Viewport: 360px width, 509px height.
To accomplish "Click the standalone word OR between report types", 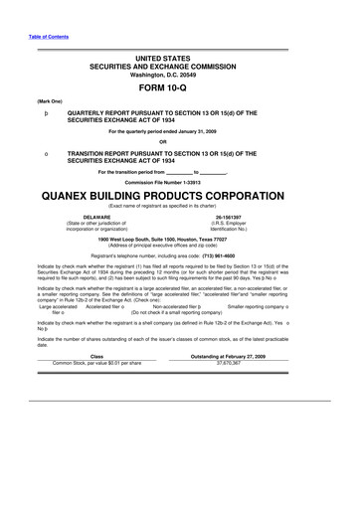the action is (179, 143).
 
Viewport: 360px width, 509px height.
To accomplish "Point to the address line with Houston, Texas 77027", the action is (179, 240).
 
